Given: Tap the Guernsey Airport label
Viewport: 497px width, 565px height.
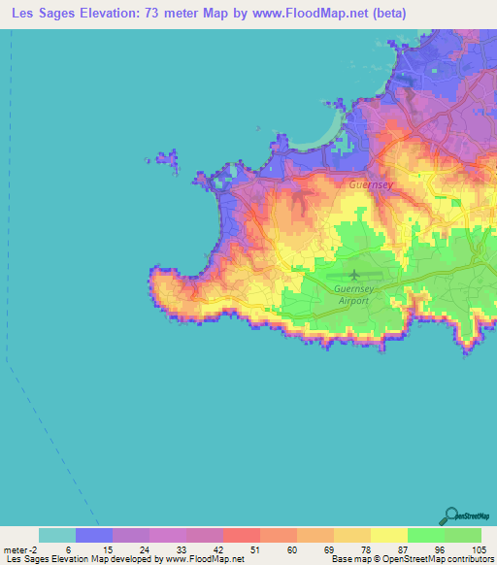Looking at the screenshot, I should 351,295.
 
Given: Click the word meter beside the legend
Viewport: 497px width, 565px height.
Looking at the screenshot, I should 17,548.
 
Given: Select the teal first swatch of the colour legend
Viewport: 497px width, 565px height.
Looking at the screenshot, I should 57,535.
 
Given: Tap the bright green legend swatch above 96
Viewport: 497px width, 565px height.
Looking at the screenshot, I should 425,535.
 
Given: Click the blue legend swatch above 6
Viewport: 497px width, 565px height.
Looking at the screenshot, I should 94,535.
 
